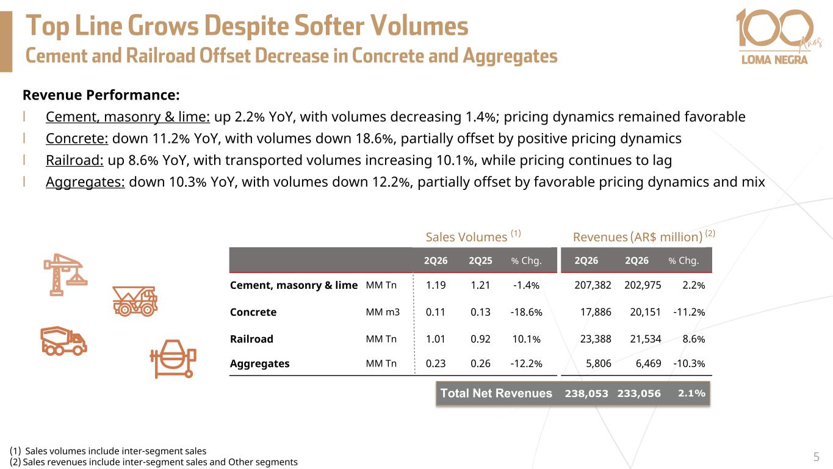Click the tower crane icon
tap(65, 275)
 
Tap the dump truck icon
tap(135, 301)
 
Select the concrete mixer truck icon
tap(63, 341)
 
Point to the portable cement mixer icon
tap(173, 358)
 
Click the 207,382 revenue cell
tap(593, 285)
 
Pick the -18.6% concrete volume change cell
tap(526, 312)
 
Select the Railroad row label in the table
tap(251, 339)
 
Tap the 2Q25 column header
tap(480, 261)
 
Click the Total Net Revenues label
tap(496, 393)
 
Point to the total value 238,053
tap(586, 393)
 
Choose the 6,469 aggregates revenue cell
tap(648, 363)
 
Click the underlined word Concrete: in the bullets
tap(77, 139)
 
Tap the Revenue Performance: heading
tap(101, 95)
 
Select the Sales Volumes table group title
tap(473, 236)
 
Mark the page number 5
tap(817, 457)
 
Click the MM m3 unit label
tap(383, 312)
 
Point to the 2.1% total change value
tap(691, 393)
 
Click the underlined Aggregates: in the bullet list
tap(85, 182)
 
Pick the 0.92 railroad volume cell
tap(480, 339)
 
